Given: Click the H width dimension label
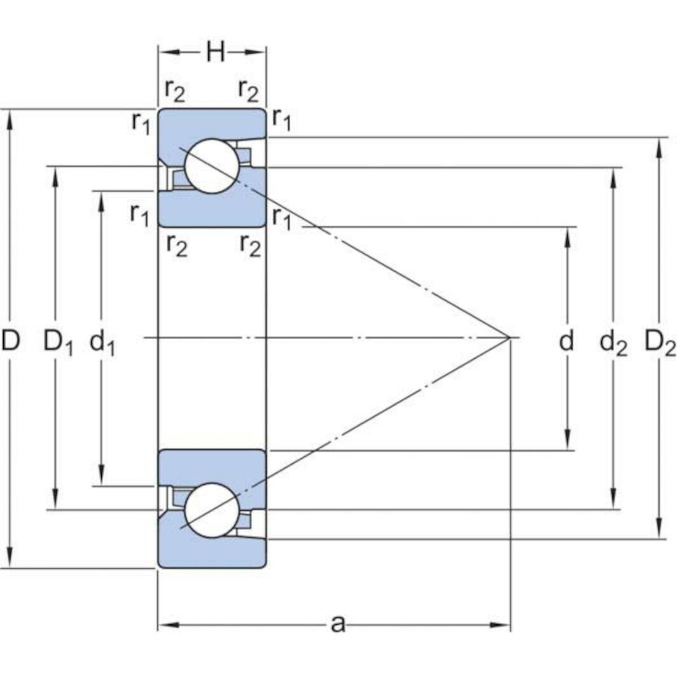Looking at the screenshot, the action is click(x=216, y=52).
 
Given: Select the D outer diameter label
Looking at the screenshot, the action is click(x=11, y=340).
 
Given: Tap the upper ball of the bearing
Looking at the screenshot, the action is click(x=211, y=166).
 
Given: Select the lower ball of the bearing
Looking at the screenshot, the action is click(x=211, y=510).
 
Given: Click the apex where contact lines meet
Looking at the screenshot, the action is click(x=510, y=337).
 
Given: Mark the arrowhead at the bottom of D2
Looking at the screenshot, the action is click(x=659, y=529).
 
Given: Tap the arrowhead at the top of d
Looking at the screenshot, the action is click(x=568, y=237).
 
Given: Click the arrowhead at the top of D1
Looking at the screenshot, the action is click(x=55, y=177).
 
